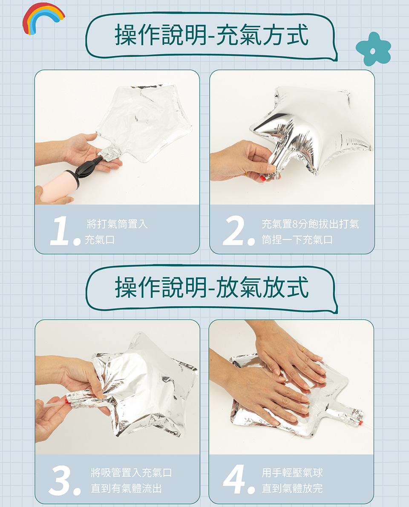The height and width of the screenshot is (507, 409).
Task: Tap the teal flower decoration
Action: pos(374,49)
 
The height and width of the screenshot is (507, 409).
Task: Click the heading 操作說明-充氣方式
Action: pos(211,35)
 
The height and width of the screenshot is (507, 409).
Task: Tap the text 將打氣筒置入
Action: pos(117,224)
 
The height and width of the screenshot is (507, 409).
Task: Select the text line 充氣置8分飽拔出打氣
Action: pos(311,224)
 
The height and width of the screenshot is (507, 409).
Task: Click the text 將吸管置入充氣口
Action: pos(131,472)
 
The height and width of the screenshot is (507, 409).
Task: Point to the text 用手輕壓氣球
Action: pos(292,472)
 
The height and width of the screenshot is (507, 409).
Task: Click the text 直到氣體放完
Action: pos(292,488)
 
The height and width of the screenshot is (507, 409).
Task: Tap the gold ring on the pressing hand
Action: pos(304,350)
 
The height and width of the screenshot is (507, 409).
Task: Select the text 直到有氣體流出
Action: pos(126,488)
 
